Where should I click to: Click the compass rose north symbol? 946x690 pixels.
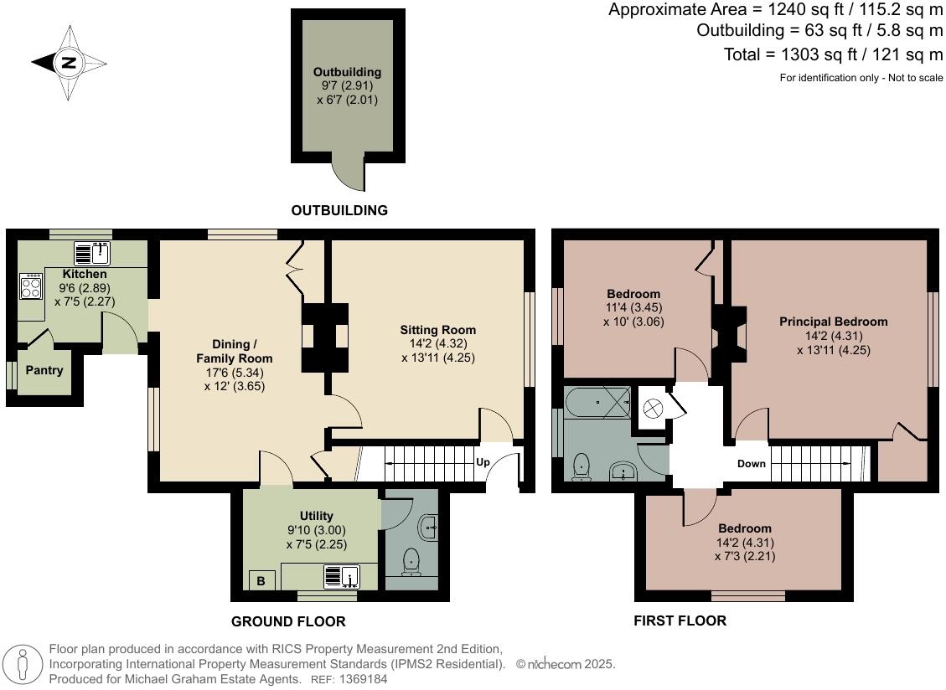[x=69, y=62]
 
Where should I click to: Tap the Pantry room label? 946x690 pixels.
[x=44, y=370]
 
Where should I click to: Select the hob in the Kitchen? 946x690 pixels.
[x=31, y=286]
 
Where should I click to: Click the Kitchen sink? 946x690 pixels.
[x=91, y=254]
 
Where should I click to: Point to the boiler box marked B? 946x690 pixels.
[x=261, y=581]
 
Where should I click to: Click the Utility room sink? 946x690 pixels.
[x=342, y=577]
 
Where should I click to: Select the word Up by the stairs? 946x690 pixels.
[x=483, y=462]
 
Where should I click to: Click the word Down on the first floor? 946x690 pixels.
[x=751, y=463]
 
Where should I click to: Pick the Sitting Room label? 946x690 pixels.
[x=438, y=330]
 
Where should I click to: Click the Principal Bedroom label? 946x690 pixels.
[x=833, y=322]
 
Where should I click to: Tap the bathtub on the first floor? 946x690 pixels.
[x=598, y=402]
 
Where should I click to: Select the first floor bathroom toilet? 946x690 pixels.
[x=581, y=466]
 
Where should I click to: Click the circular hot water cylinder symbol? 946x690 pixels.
[x=653, y=409]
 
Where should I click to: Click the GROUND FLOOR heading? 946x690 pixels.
[x=288, y=621]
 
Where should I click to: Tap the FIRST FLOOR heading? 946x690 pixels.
[x=680, y=620]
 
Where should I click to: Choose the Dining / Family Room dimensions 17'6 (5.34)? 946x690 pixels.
[x=235, y=373]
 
